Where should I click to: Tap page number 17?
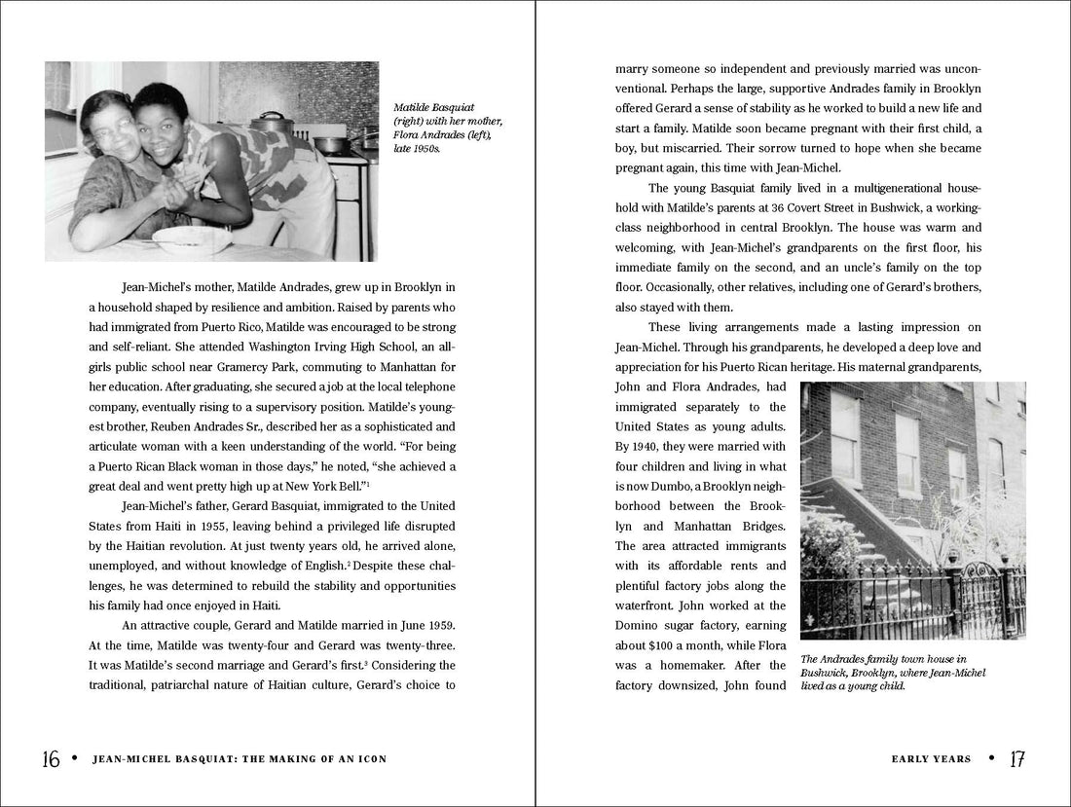click(x=1017, y=759)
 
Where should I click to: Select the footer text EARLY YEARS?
click(x=931, y=759)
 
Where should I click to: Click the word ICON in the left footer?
click(x=369, y=759)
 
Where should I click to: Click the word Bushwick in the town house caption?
click(x=829, y=673)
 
